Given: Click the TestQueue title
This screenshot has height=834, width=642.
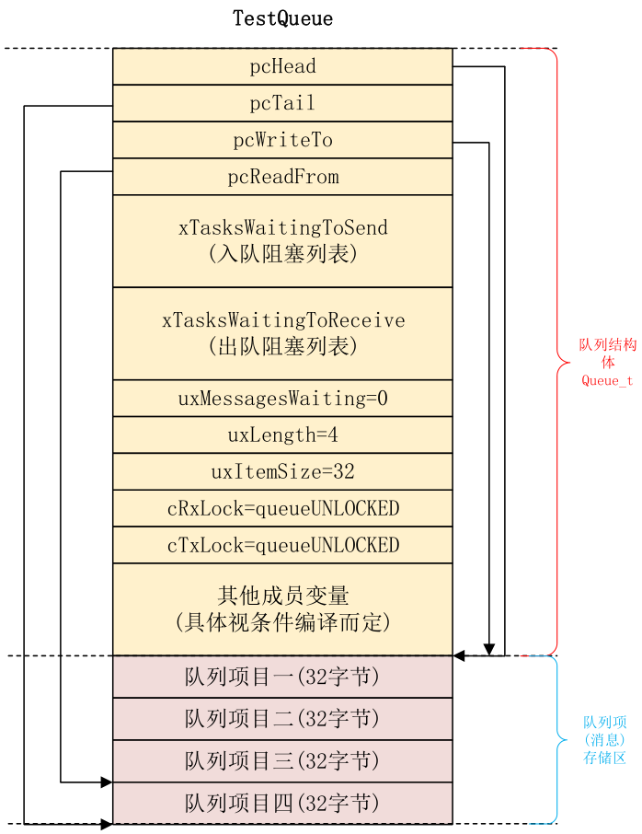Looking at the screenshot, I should tap(282, 18).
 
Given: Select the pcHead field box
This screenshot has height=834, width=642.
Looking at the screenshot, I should tap(282, 66).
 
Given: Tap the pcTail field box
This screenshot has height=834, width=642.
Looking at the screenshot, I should tap(282, 103).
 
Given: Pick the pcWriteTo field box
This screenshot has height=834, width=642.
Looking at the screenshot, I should tap(282, 140).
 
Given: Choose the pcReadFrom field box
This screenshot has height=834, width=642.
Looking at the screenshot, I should tap(282, 177).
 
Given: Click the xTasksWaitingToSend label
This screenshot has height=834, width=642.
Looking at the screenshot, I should tap(282, 227).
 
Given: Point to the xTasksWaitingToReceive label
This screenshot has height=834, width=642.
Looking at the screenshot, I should tap(282, 320).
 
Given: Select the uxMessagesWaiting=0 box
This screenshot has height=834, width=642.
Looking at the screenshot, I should tap(282, 399).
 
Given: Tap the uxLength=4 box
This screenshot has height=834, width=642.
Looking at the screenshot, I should tap(282, 434).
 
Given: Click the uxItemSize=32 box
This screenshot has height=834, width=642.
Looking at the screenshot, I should tap(282, 471).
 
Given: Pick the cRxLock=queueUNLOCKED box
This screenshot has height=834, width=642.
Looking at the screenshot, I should tap(282, 508).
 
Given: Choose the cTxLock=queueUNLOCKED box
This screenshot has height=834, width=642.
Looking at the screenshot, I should tap(282, 545).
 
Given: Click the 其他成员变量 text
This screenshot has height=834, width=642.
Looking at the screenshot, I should tap(282, 595).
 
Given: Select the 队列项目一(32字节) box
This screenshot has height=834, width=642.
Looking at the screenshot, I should tap(282, 677).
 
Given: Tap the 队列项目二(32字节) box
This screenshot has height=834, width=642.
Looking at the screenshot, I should tap(282, 719).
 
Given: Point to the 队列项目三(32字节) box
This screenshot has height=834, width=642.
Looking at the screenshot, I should tap(282, 761).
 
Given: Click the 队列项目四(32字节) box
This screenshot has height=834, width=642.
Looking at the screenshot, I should tap(282, 803).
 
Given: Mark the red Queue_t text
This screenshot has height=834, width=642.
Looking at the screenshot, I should tap(606, 381).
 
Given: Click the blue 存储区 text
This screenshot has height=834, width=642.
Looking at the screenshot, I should tap(605, 758).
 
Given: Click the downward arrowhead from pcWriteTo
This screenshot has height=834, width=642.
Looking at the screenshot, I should tap(489, 648).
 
